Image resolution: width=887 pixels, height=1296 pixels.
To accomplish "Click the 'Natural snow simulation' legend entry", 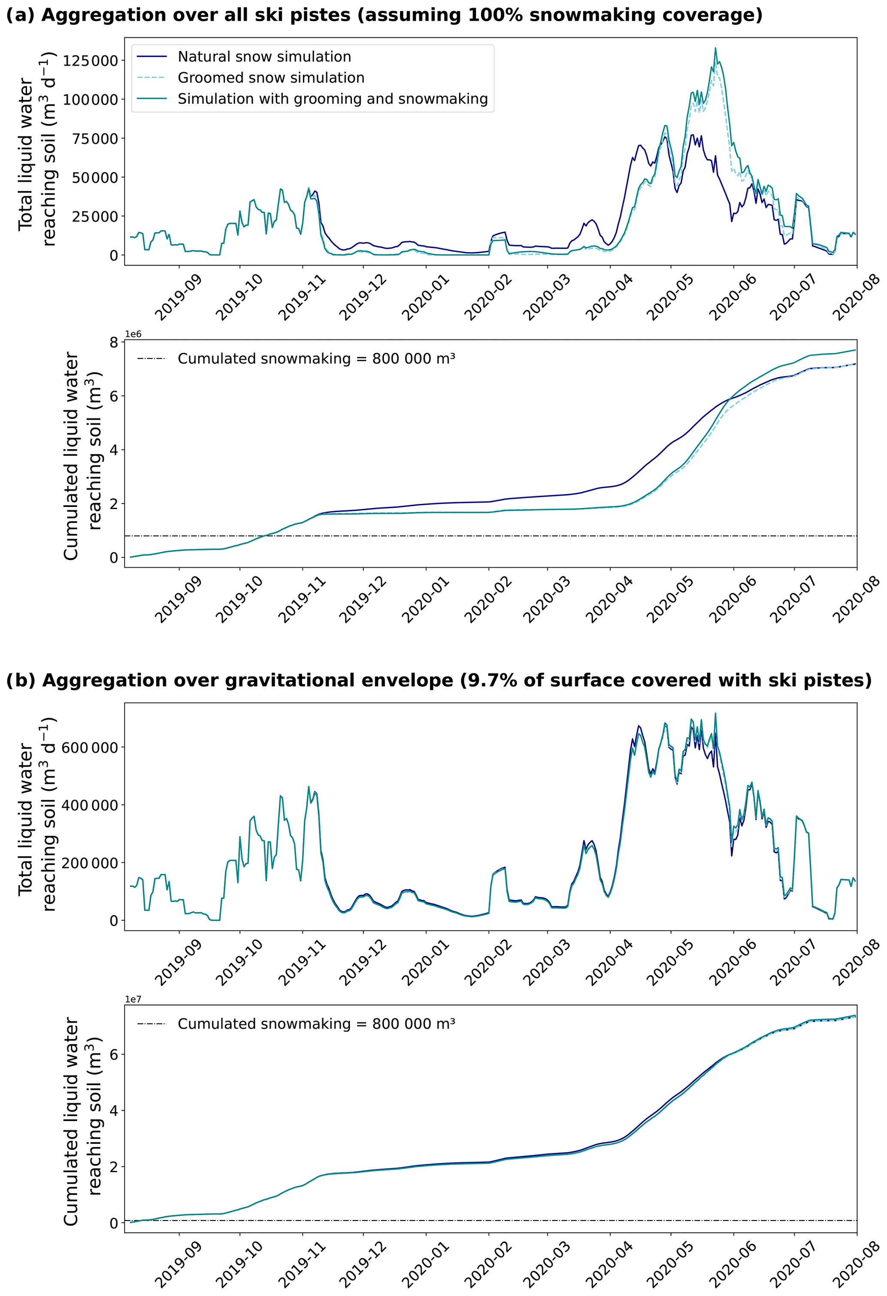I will pos(264,57).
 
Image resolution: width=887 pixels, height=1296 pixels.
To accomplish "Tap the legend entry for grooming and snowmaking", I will pos(333,99).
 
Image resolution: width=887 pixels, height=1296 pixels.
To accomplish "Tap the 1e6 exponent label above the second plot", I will pos(133,335).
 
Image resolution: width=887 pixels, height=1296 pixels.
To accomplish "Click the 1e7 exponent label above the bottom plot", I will pos(133,999).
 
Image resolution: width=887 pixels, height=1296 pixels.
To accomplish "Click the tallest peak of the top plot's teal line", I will pos(716,48).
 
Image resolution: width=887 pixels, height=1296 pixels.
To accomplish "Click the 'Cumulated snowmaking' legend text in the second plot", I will pos(316,359).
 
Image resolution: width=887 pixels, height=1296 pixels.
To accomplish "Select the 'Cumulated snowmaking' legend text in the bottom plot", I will pos(316,1024).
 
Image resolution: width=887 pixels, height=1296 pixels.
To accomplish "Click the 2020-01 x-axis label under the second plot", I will pos(425,600).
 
